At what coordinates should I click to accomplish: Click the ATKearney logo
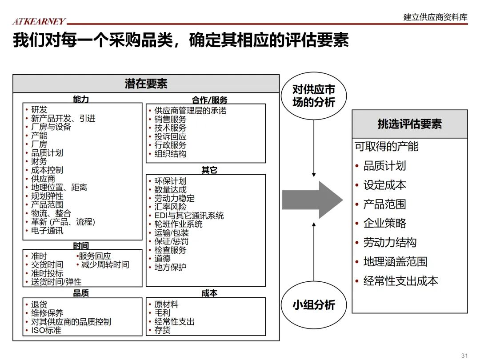[39, 21]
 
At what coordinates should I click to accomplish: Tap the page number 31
[465, 355]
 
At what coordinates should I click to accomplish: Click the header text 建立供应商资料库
[435, 17]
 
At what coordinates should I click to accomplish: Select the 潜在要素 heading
[146, 84]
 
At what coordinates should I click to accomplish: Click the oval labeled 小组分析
[313, 305]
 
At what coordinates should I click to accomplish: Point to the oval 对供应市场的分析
[313, 96]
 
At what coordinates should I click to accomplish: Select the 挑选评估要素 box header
[409, 124]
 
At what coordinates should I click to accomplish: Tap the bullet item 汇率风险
[170, 207]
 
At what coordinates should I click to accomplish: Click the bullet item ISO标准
[46, 330]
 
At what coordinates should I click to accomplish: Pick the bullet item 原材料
[166, 304]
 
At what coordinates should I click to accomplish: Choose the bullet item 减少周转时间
[105, 265]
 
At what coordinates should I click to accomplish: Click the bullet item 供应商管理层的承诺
[190, 111]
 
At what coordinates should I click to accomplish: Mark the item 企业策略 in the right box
[384, 223]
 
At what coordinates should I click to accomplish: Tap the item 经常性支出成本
[400, 281]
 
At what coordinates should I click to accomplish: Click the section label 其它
[209, 170]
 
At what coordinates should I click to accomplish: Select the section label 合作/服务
[209, 100]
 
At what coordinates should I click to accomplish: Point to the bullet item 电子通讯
[47, 231]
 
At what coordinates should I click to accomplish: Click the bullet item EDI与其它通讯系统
[189, 216]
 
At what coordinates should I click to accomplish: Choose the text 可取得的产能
[386, 146]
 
